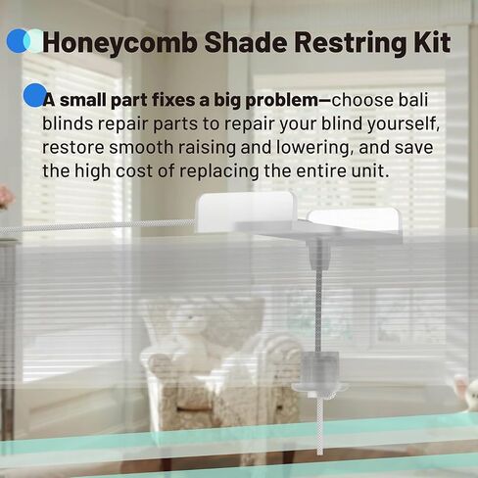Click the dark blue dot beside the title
[x=16, y=41]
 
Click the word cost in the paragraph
[x=155, y=170]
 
